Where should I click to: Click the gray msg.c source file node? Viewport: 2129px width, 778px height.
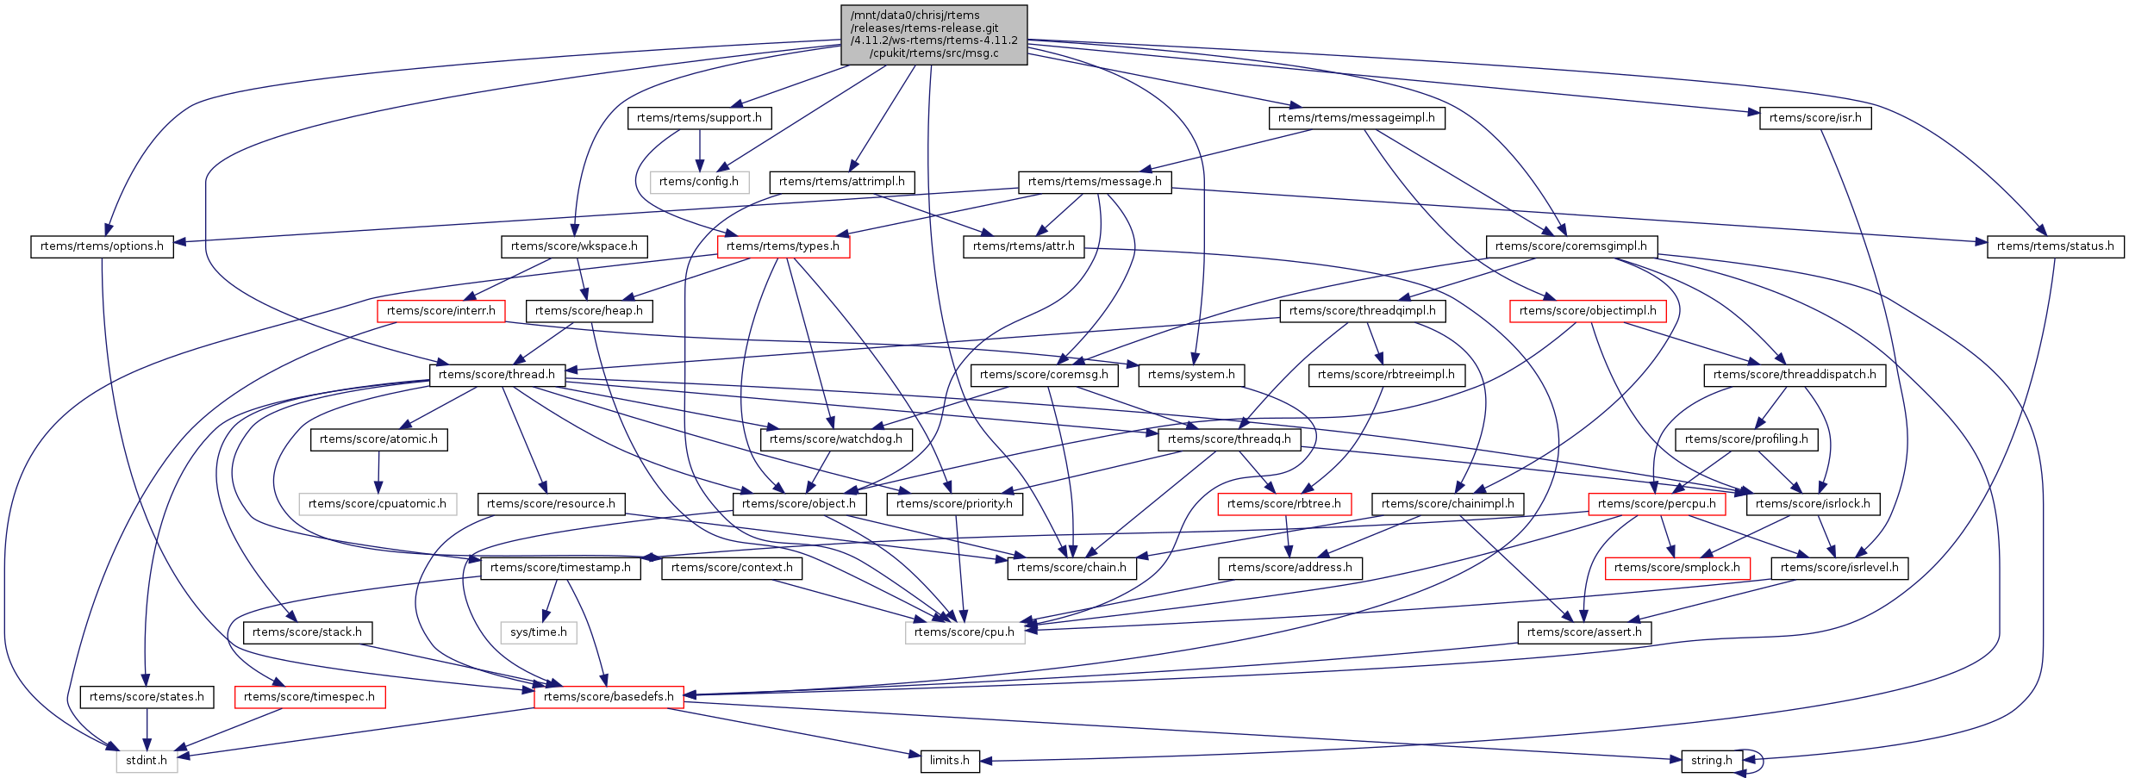(x=933, y=34)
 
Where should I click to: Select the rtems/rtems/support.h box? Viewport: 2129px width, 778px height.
(x=699, y=118)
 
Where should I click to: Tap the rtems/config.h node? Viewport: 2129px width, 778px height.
(x=699, y=182)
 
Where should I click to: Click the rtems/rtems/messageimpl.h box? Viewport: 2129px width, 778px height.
(x=1356, y=118)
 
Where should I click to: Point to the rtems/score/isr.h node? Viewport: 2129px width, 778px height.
(x=1815, y=118)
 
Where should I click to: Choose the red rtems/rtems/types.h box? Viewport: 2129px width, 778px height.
(x=783, y=246)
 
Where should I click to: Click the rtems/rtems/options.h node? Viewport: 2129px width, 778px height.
(x=102, y=246)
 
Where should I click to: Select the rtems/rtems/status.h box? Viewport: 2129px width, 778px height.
(x=2055, y=246)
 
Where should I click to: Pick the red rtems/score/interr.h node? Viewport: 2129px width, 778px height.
(x=440, y=311)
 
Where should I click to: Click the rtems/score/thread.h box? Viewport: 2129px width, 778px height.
(x=496, y=375)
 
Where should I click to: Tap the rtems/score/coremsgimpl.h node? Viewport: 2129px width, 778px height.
(x=1570, y=246)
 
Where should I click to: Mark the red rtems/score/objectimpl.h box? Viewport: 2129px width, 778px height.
(x=1588, y=311)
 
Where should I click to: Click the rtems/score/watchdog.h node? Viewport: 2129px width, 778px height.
(x=835, y=439)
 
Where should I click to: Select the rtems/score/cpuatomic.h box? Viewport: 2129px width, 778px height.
(x=378, y=504)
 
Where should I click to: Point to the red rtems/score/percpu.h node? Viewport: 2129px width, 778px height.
(x=1657, y=504)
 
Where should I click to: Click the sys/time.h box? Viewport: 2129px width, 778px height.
(x=539, y=632)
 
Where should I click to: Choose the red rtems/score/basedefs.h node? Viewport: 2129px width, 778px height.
(x=609, y=697)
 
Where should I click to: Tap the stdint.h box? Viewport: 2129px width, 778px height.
(x=147, y=761)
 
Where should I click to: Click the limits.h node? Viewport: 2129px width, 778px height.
(x=949, y=761)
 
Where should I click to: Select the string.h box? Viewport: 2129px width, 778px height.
(x=1711, y=761)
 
